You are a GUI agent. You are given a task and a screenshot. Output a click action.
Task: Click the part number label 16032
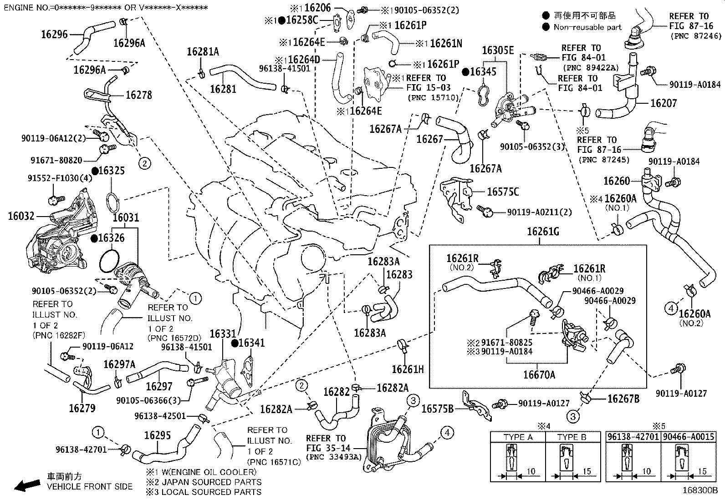click(x=21, y=216)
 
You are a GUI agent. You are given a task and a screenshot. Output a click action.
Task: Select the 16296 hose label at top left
click(x=54, y=34)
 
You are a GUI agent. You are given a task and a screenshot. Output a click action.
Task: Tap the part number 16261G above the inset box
click(x=543, y=232)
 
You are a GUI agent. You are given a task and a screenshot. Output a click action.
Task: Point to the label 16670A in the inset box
click(x=539, y=374)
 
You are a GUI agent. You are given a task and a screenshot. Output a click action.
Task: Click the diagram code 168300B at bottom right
click(x=699, y=491)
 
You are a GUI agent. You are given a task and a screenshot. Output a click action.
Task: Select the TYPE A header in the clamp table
click(x=518, y=437)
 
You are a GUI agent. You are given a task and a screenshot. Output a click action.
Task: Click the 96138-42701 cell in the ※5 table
click(x=633, y=437)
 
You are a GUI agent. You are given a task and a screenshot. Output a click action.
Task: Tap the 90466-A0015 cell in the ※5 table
click(x=688, y=437)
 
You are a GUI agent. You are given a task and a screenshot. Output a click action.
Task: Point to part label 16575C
click(x=503, y=192)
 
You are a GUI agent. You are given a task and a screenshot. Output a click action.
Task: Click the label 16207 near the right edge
click(x=663, y=103)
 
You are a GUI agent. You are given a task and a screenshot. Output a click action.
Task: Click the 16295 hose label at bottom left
click(x=157, y=435)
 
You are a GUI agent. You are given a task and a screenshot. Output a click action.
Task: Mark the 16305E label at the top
click(x=498, y=51)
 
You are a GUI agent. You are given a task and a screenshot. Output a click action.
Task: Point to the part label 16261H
click(x=408, y=369)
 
